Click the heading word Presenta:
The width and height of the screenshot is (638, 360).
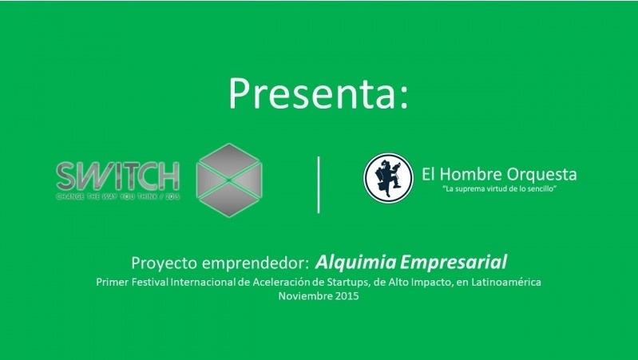click(319, 94)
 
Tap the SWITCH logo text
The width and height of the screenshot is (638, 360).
click(118, 174)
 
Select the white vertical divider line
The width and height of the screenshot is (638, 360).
click(319, 184)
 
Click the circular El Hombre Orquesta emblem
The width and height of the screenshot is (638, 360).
click(388, 177)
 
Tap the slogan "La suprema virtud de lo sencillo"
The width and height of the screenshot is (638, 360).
click(498, 191)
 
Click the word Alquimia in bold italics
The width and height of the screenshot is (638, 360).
click(352, 262)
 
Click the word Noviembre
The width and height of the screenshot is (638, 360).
click(305, 296)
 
